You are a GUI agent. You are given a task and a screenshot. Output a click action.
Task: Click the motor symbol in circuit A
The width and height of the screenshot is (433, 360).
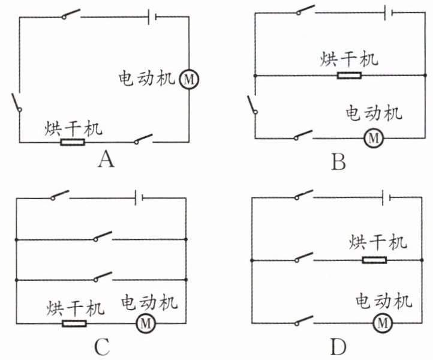coord(189,80)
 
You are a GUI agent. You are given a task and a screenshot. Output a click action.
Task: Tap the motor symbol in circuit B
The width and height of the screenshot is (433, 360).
coord(374,137)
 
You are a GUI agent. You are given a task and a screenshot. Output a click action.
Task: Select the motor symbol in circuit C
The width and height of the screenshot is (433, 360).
coord(146,323)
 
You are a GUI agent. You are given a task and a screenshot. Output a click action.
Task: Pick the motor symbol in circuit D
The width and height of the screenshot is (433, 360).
coord(383,323)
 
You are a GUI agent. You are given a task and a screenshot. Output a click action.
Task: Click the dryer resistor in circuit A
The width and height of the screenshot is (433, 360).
coord(73,142)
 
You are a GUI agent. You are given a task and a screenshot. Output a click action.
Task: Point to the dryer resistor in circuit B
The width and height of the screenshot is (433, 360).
coord(349,76)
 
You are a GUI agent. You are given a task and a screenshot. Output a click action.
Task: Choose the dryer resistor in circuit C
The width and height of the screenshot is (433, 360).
coord(74,323)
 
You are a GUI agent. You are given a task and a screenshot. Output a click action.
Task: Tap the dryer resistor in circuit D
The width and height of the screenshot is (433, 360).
coord(374,260)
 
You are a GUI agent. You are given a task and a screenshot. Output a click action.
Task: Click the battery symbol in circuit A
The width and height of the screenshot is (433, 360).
coord(152,17)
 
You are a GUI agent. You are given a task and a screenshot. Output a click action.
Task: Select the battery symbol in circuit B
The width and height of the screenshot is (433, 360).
coord(389,13)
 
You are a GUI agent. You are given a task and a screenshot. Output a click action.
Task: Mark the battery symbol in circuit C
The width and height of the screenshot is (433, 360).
coord(139,198)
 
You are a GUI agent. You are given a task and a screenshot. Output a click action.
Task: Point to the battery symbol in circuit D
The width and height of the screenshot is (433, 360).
coord(386,197)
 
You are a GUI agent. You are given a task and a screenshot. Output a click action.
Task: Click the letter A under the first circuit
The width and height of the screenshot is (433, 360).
coord(106,160)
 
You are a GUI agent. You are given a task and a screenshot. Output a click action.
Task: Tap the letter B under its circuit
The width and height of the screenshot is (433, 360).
coord(338,161)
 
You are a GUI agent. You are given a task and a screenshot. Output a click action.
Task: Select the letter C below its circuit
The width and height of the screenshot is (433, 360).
coord(103,347)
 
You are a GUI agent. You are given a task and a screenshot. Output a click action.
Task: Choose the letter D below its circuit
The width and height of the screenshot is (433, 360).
coord(338,347)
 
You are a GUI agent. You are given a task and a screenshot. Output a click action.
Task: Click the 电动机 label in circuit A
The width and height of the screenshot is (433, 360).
coord(147,79)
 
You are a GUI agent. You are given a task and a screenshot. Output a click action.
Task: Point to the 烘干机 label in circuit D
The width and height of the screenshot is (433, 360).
coord(378,242)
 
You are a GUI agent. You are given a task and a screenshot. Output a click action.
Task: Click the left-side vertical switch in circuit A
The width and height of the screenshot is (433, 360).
coord(17,103)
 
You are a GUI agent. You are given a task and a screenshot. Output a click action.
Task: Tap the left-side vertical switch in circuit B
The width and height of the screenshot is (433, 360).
coord(252,105)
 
